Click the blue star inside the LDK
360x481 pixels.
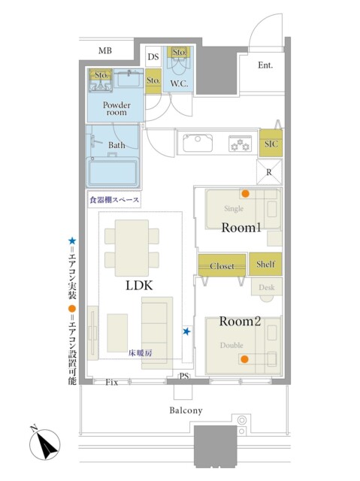(x=186, y=331)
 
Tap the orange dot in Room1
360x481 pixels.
(x=245, y=194)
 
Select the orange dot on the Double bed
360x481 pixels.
(x=244, y=359)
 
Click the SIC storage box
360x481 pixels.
(x=271, y=144)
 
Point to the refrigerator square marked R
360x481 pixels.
(x=269, y=172)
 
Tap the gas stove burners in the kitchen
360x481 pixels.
(x=240, y=144)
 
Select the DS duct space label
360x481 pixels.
(x=153, y=56)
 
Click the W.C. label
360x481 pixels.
(x=179, y=83)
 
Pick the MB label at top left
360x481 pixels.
(x=105, y=50)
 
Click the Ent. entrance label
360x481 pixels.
(x=265, y=65)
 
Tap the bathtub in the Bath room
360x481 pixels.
(x=113, y=171)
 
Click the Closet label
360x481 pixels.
(x=222, y=266)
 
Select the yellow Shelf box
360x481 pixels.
(x=265, y=264)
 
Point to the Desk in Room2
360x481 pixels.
(x=267, y=287)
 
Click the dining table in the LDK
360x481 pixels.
(x=132, y=248)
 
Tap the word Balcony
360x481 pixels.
(x=186, y=410)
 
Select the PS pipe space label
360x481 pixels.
(x=184, y=376)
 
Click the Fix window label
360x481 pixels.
(x=112, y=383)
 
